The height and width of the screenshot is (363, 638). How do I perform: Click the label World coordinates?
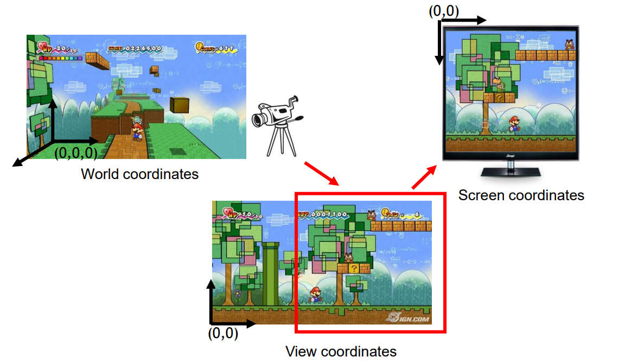[x=139, y=174]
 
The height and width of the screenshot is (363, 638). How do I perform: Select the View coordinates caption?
[x=341, y=351]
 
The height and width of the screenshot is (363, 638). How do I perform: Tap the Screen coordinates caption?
[x=521, y=195]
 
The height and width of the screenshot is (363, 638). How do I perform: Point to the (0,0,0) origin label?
[x=76, y=153]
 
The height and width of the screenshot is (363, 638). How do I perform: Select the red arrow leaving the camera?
[x=321, y=173]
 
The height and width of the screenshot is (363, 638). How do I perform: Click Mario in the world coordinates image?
[x=138, y=130]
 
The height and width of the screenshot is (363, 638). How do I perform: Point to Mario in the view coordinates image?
[x=314, y=295]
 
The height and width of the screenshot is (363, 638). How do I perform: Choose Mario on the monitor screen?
[x=513, y=124]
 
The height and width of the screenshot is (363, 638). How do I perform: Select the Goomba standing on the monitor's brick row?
[x=569, y=44]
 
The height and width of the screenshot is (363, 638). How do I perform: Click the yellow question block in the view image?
[x=353, y=268]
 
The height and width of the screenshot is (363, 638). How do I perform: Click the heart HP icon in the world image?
[x=43, y=47]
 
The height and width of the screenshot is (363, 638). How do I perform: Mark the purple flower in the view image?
[x=237, y=293]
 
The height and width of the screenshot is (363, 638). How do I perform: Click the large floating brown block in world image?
[x=180, y=105]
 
